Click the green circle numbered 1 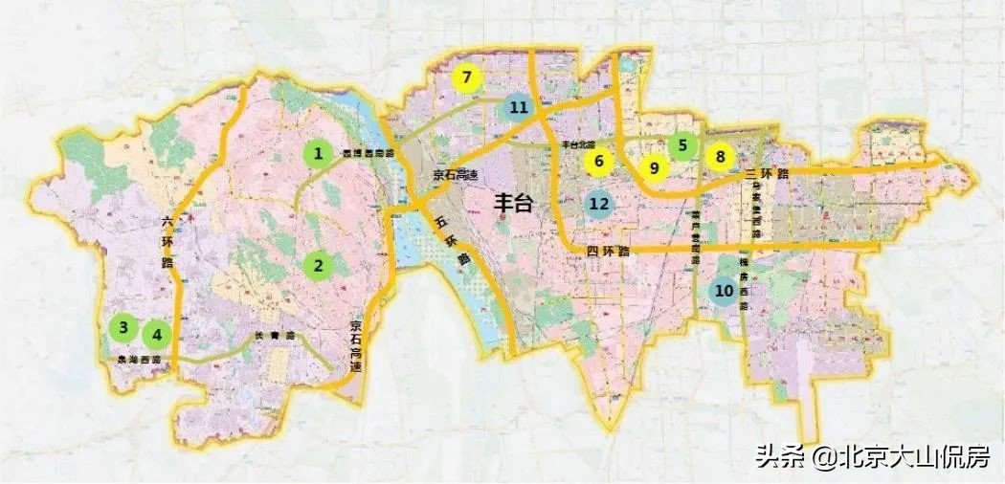point(318,153)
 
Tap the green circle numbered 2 point(318,265)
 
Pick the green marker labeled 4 point(157,335)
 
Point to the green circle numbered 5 point(682,146)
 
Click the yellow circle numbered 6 point(599,161)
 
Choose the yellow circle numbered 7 point(466,78)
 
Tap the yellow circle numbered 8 point(720,156)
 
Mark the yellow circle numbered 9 point(655,168)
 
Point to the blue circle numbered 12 point(599,203)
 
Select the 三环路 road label point(766,174)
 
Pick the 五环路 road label point(453,239)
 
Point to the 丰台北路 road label point(579,143)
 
